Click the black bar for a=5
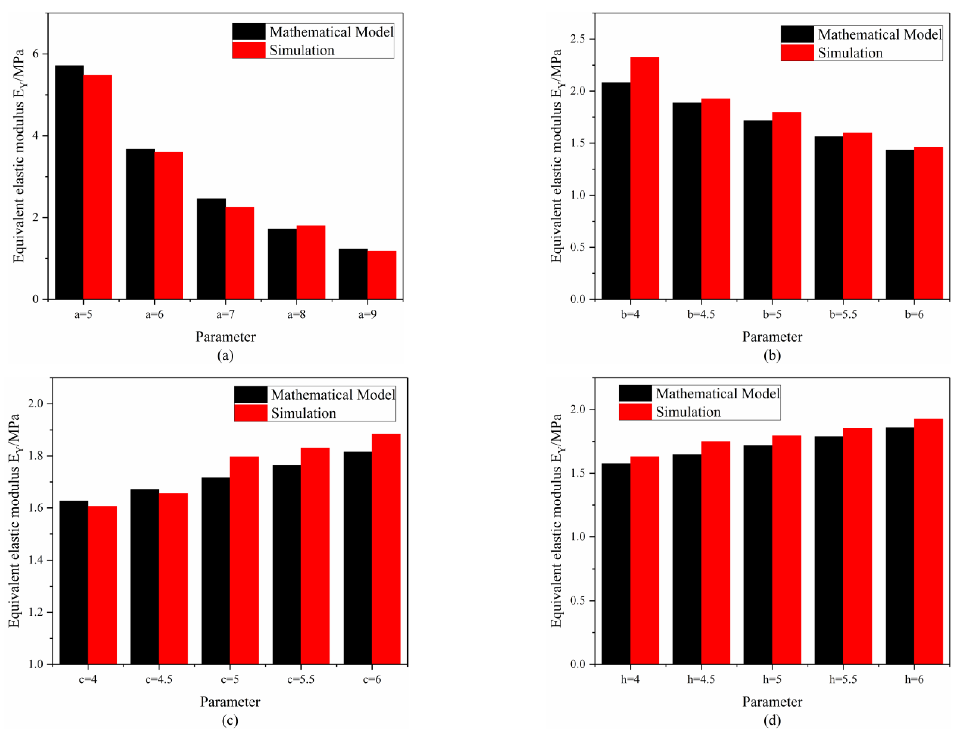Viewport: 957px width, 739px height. (69, 182)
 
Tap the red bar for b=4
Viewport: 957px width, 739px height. (644, 177)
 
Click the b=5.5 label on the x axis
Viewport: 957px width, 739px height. (843, 314)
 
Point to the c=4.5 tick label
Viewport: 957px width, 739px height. (159, 679)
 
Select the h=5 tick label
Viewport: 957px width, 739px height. (772, 679)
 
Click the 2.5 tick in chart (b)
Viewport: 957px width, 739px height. (578, 39)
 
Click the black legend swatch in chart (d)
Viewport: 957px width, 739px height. (635, 393)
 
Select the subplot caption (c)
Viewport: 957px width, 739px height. (230, 721)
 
